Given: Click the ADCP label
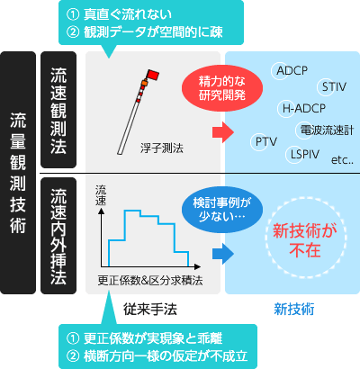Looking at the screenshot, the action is (x=292, y=71).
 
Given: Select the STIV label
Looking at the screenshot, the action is (x=334, y=87).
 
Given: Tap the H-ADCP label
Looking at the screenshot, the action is (x=304, y=108).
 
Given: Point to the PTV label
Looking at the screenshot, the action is (x=266, y=141).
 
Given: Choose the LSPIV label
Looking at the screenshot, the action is (x=305, y=155).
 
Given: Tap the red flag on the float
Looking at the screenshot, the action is (x=153, y=75).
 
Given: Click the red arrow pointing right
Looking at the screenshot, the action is (x=223, y=132).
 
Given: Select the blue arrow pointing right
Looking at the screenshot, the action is (x=223, y=254).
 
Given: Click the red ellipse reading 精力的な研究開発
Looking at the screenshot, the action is (x=222, y=88).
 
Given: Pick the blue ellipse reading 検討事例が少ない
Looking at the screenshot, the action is (x=222, y=210).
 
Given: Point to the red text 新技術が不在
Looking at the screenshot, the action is (x=305, y=240).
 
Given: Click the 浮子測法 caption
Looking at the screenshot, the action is (x=162, y=148).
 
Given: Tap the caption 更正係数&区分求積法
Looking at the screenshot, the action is (x=150, y=281).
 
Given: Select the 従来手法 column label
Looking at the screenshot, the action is (x=150, y=310).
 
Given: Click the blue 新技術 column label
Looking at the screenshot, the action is (x=294, y=310).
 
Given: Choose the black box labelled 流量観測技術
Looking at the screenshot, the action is (x=18, y=173).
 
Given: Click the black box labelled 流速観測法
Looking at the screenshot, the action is (x=58, y=110).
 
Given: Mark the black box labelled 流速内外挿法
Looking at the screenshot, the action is (x=58, y=236).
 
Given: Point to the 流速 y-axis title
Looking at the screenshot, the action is (x=101, y=195).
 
